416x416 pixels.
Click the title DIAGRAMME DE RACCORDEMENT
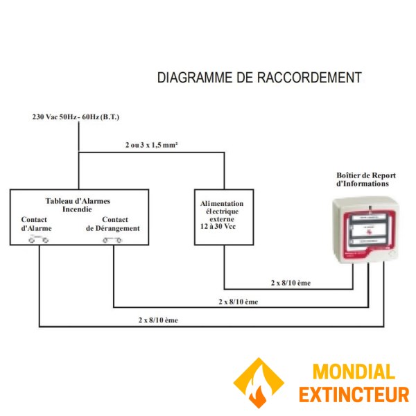tap(259, 78)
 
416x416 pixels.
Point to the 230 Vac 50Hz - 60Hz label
tap(80, 117)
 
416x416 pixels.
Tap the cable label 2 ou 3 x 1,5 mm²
tap(151, 146)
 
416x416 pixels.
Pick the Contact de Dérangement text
tap(113, 223)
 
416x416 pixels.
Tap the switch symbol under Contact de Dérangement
tap(112, 240)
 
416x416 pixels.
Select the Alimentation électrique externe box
tap(223, 217)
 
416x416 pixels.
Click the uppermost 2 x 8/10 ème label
tap(290, 283)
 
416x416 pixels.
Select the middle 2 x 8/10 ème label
tap(238, 302)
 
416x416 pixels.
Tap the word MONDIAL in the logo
tap(353, 372)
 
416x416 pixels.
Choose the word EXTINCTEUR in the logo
tap(353, 395)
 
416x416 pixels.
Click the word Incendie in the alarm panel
tap(78, 209)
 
